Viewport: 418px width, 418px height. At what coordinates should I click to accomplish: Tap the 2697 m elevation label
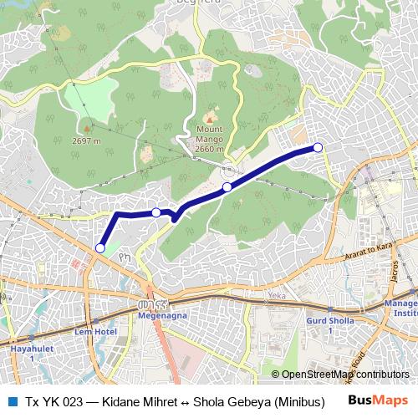[86, 140]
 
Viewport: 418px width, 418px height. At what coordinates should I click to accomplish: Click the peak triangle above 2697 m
[86, 128]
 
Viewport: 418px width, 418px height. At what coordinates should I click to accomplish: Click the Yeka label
[276, 296]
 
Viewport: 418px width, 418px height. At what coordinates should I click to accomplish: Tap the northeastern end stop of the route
[318, 148]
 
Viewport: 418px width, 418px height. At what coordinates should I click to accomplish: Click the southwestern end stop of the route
[100, 247]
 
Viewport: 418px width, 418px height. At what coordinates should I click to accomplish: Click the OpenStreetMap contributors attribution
[344, 374]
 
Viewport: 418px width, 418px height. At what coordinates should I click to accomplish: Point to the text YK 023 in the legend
[61, 401]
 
